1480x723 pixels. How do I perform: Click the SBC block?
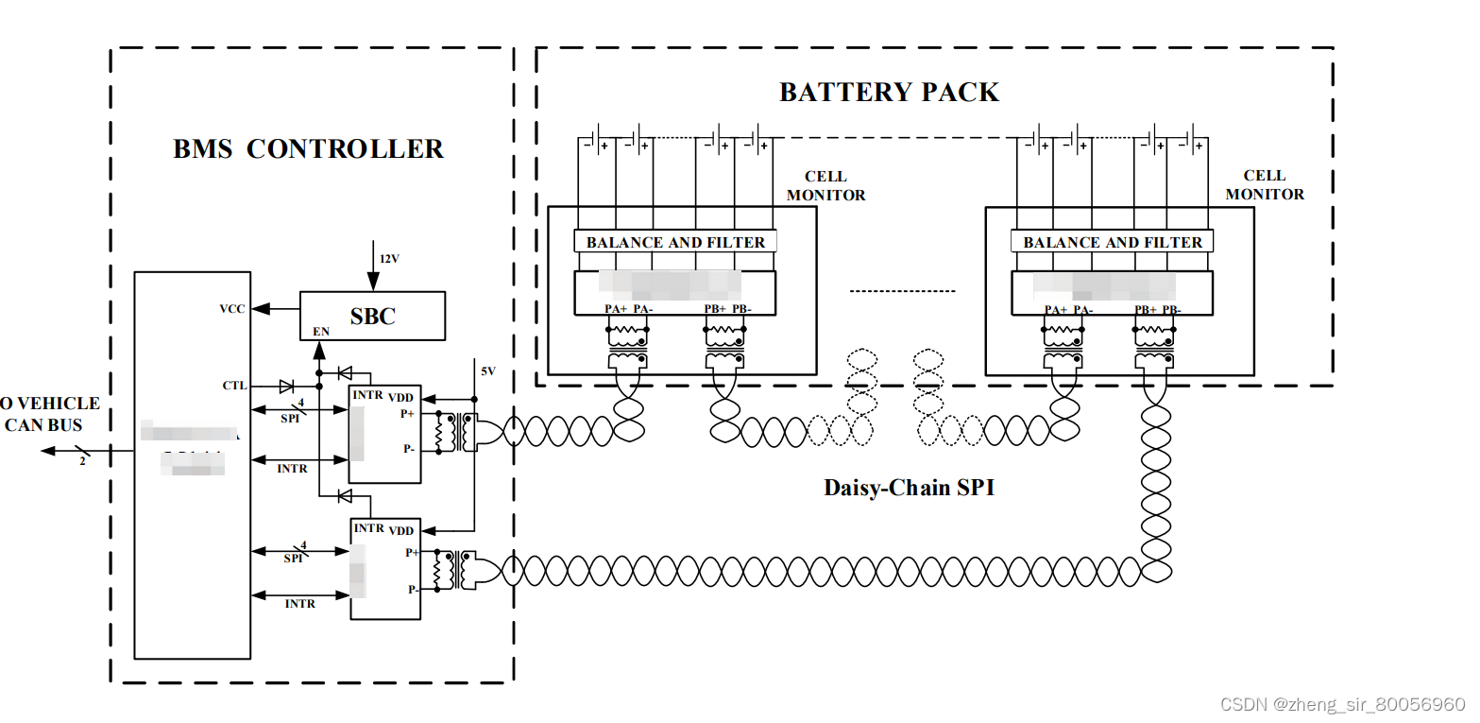[x=372, y=316]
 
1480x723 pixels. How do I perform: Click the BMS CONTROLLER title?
[x=308, y=149]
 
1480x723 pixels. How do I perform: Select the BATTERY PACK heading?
[x=889, y=93]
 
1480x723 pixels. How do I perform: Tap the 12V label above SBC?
[x=389, y=259]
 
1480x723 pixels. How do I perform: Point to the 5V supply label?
[x=487, y=371]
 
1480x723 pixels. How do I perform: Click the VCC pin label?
[x=232, y=309]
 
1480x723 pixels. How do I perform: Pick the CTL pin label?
[x=234, y=386]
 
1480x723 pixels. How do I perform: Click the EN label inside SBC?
[x=321, y=332]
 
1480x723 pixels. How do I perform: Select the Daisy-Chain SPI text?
[x=909, y=488]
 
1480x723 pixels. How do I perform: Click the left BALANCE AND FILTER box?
[x=675, y=242]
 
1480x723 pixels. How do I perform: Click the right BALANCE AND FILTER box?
[x=1113, y=242]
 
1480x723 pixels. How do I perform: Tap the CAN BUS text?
[x=43, y=425]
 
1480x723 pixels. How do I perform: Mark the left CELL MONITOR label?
[x=825, y=185]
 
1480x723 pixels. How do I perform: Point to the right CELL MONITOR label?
[x=1264, y=184]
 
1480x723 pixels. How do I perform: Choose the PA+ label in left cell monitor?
[x=616, y=309]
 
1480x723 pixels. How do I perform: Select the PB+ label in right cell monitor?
[x=1146, y=310]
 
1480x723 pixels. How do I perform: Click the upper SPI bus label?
[x=291, y=418]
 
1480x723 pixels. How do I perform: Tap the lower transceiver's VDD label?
[x=400, y=531]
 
